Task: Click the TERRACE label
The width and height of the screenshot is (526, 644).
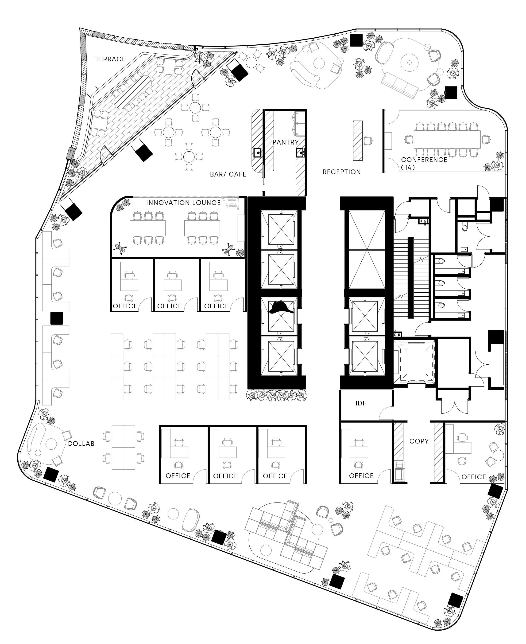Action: pos(110,59)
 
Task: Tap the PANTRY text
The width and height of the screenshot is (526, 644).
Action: pos(285,142)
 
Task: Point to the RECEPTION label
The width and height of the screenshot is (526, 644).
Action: pos(341,172)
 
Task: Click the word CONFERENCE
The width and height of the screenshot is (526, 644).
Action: pos(424,160)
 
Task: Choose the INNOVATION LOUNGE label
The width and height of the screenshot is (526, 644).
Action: pos(183,203)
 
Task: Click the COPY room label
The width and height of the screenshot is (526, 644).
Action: pos(419,441)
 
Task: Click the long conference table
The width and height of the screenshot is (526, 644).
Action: pos(447,139)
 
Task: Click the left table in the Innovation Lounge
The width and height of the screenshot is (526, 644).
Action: pos(147,228)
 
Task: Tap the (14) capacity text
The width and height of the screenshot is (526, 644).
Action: pos(408,167)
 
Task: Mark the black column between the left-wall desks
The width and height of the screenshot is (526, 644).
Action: pos(57,318)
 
